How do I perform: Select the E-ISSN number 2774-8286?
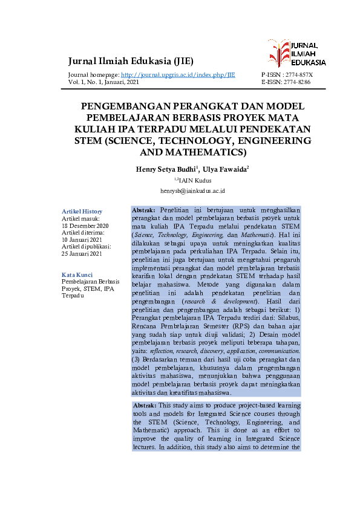click(x=295, y=82)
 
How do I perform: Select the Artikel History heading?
click(x=82, y=211)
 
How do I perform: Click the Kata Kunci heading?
click(x=77, y=275)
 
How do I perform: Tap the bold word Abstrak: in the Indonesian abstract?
click(x=145, y=209)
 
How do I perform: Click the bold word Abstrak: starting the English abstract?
click(x=144, y=405)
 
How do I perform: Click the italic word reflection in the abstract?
click(x=168, y=351)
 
